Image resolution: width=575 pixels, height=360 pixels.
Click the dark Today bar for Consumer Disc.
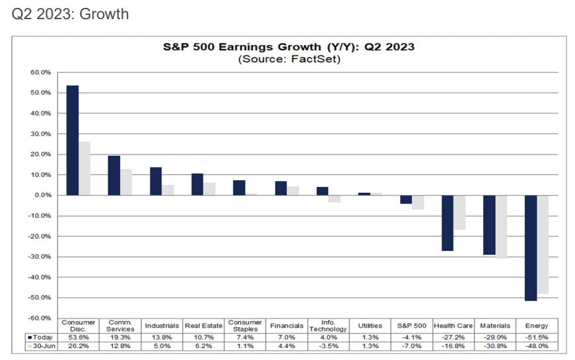[x=73, y=140]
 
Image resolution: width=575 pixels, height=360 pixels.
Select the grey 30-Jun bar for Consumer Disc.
[x=85, y=168]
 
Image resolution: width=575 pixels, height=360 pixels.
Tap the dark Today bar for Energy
[x=530, y=248]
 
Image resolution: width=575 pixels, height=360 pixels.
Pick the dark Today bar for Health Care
[x=448, y=223]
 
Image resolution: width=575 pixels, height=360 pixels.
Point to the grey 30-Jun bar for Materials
[x=501, y=227]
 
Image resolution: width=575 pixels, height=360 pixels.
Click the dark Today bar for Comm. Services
[x=114, y=175]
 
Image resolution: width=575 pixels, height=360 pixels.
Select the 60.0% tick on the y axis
[x=41, y=73]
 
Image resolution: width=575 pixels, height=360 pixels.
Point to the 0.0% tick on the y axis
[x=42, y=196]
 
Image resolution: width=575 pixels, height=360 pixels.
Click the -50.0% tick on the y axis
[x=41, y=298]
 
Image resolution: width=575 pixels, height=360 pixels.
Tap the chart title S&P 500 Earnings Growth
[x=288, y=48]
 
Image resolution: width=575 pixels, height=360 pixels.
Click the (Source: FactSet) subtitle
[x=288, y=59]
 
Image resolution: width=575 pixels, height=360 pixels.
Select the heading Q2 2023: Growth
[x=70, y=14]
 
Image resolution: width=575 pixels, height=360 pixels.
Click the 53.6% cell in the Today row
[x=79, y=337]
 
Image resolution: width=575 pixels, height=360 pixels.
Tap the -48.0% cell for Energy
[x=536, y=345]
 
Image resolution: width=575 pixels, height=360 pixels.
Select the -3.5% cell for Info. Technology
[x=327, y=345]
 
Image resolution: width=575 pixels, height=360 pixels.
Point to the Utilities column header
[x=369, y=326]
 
